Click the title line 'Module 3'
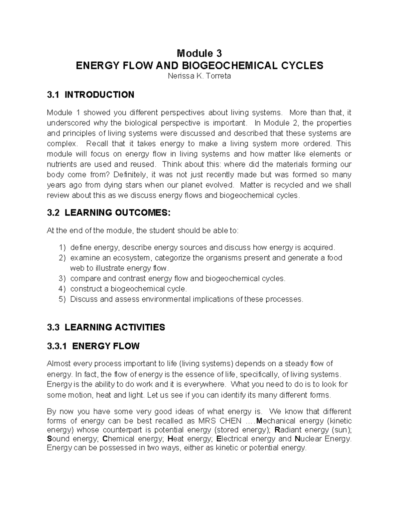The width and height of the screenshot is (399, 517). click(x=199, y=53)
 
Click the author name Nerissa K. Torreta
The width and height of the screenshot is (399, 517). click(x=199, y=76)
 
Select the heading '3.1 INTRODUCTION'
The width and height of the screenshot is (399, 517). click(x=91, y=95)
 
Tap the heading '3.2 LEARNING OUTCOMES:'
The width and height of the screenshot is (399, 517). click(x=108, y=213)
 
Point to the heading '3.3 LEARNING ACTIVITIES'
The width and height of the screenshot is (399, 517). click(x=106, y=327)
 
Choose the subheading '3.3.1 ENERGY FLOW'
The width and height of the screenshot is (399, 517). click(x=93, y=346)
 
